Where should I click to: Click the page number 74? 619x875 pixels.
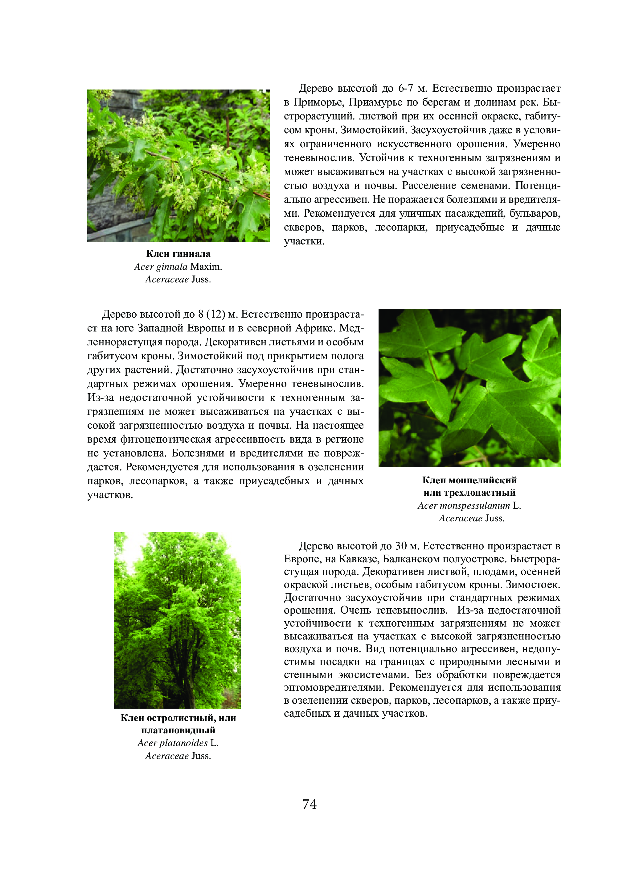point(309,804)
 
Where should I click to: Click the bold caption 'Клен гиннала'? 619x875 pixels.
point(178,254)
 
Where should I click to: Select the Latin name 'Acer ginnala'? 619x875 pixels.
point(161,267)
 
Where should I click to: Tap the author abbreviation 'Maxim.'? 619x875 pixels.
point(206,267)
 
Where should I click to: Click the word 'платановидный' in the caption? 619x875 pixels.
point(178,730)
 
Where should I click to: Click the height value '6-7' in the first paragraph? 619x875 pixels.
point(406,89)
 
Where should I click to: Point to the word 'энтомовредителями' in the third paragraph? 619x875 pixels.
point(334,687)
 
